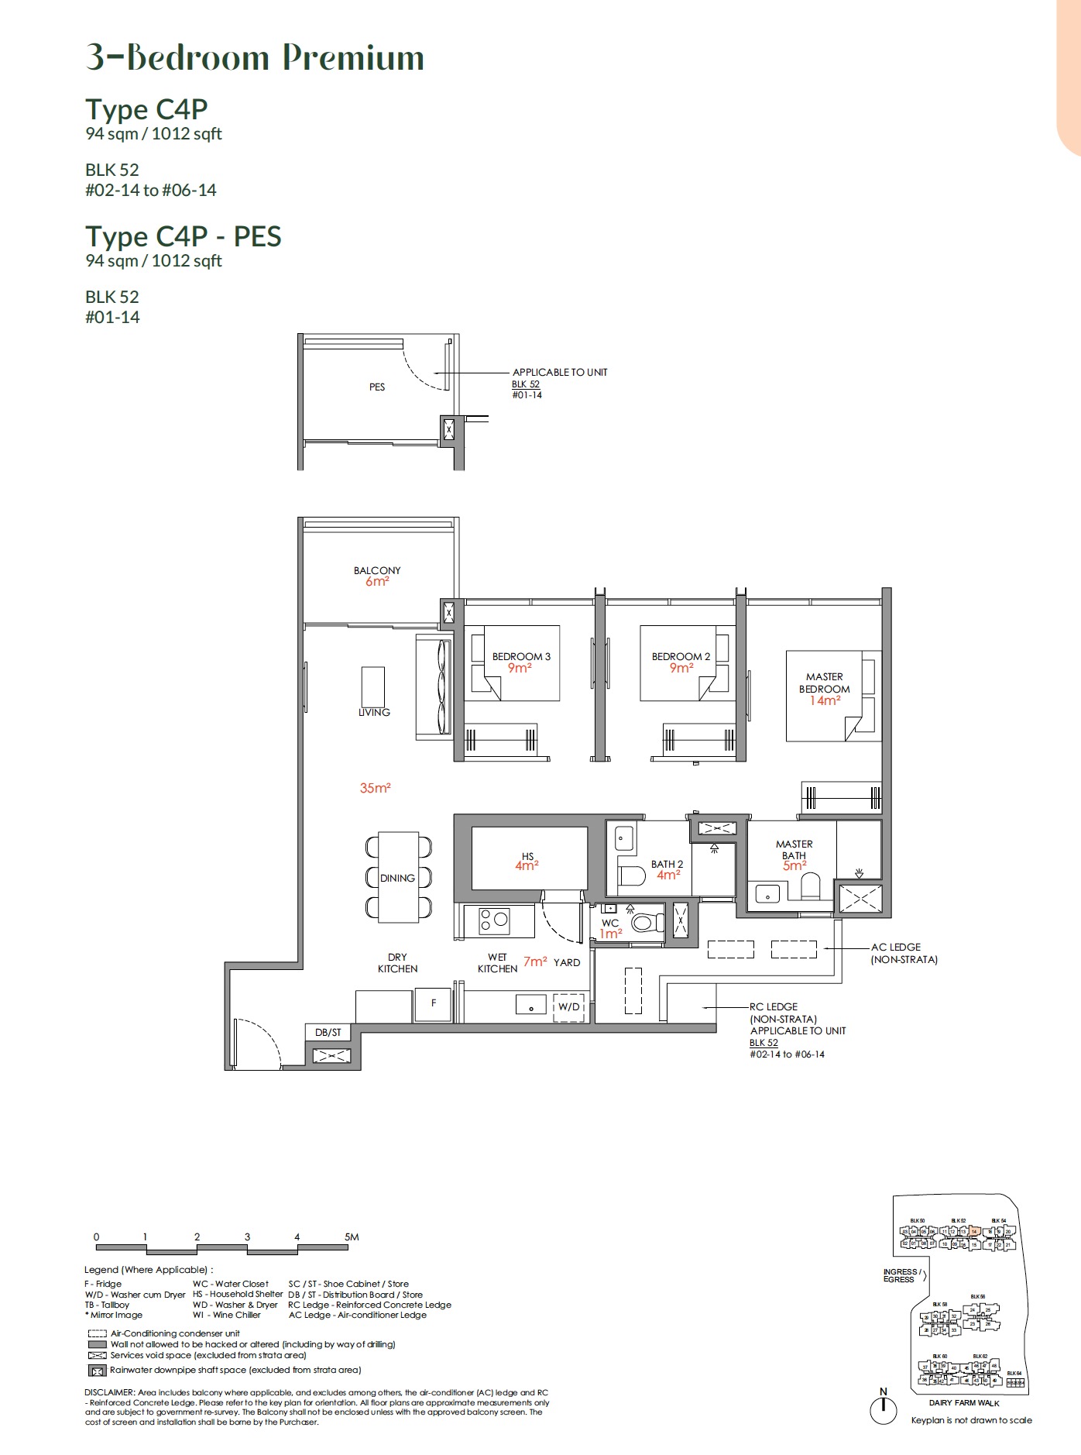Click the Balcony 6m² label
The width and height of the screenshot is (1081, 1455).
point(377,576)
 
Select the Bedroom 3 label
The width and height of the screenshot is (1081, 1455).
point(521,656)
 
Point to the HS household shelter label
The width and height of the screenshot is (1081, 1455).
point(527,861)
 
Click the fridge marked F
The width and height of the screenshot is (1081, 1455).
point(433,1003)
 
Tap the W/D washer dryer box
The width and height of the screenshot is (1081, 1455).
point(568,1006)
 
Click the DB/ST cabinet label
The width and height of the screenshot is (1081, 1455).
point(328,1032)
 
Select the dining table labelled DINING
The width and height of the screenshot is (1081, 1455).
point(398,878)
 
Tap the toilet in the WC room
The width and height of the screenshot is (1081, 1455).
point(646,923)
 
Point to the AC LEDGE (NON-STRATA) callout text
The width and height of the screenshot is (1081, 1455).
point(903,953)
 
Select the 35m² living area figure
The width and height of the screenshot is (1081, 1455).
point(375,788)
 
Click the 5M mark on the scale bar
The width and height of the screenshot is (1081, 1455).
point(352,1237)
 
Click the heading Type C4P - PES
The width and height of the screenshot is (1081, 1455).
point(184,236)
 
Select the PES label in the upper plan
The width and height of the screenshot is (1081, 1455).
point(377,387)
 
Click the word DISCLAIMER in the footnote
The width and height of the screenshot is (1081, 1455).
point(109,1392)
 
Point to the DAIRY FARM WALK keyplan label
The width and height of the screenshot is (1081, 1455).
point(964,1402)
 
